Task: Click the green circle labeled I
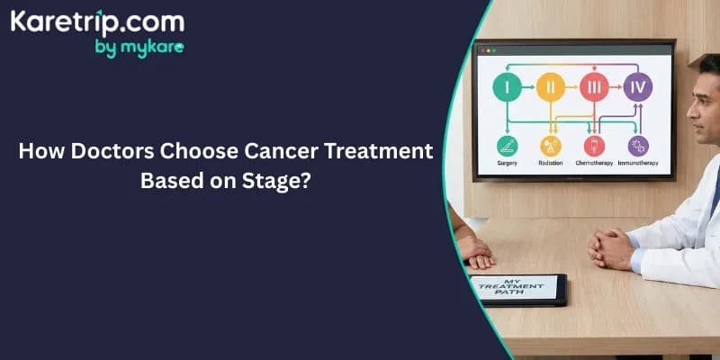(x=508, y=87)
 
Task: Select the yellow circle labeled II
(x=550, y=87)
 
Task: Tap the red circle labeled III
(x=594, y=87)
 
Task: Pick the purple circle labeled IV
(x=637, y=87)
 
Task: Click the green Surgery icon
(x=508, y=146)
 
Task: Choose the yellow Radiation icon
(x=550, y=146)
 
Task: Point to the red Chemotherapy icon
(x=594, y=146)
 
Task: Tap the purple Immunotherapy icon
(x=637, y=146)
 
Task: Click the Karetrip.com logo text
(x=97, y=22)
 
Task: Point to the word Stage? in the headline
(x=282, y=178)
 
